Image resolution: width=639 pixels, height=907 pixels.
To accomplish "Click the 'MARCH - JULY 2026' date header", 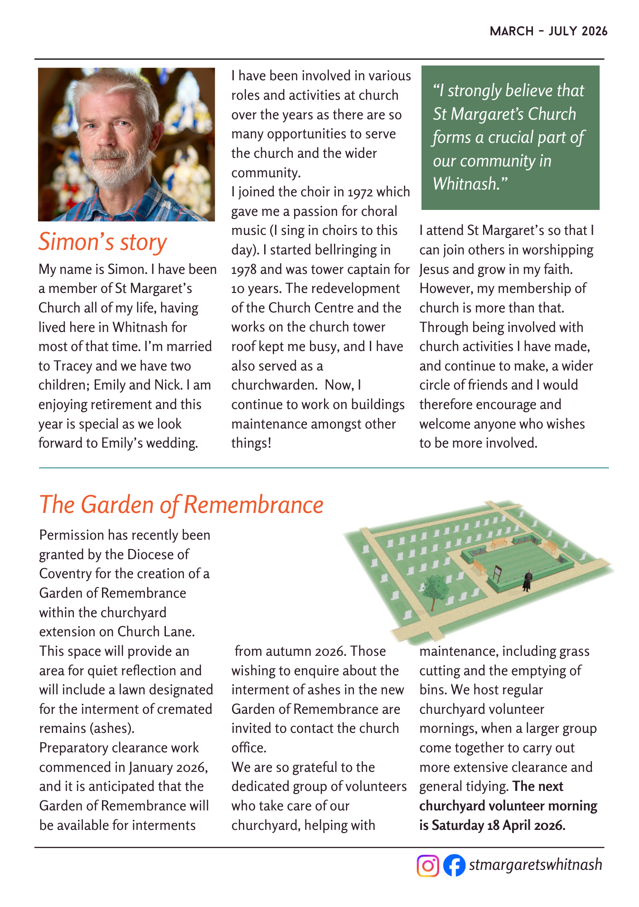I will [548, 31].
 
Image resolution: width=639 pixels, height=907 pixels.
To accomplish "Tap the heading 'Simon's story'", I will [103, 242].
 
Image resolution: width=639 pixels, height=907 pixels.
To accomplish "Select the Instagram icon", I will [428, 865].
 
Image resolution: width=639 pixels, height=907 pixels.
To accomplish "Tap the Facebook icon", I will [454, 865].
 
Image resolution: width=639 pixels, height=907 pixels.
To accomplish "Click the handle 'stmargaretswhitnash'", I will [535, 865].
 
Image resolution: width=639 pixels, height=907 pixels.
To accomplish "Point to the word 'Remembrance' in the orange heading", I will [254, 505].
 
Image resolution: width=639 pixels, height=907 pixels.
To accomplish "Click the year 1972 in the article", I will [360, 192].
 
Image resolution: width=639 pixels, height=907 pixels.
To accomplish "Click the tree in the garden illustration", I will [435, 590].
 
